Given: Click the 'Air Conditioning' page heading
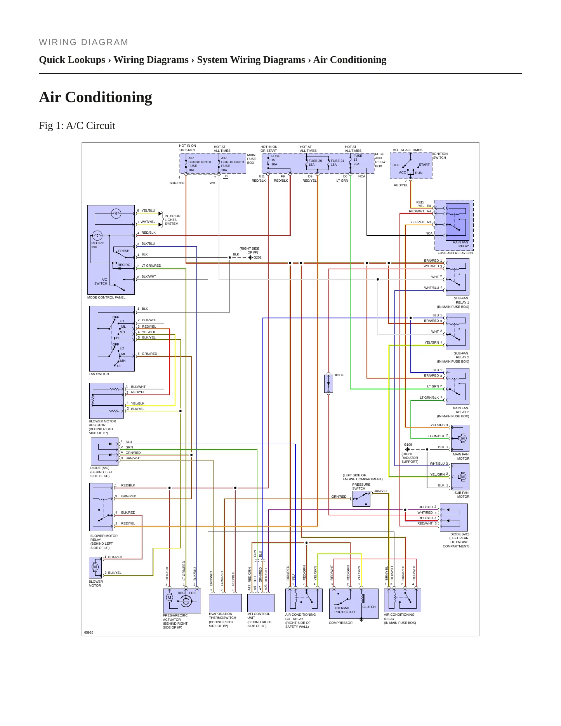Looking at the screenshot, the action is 96,97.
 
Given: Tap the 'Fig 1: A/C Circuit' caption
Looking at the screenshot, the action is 77,125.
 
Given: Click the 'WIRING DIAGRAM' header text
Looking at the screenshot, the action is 83,42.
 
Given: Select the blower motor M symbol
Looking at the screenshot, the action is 95,567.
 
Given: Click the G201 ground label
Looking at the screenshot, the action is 257,257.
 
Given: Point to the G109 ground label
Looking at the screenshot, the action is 408,445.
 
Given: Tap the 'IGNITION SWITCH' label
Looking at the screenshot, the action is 440,156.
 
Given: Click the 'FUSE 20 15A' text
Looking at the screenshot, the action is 315,163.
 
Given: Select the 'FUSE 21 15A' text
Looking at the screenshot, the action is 337,163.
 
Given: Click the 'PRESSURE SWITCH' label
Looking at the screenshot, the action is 361,486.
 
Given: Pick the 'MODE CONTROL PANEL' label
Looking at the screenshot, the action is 106,297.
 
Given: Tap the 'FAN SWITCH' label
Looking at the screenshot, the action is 99,374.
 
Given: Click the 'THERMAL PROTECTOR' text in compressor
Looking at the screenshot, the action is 344,610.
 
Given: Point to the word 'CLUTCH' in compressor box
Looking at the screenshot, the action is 369,607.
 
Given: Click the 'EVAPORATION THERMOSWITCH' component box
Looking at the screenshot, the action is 225,603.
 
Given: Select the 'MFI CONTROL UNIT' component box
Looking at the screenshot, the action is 261,603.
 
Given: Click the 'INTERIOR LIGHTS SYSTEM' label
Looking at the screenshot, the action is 172,220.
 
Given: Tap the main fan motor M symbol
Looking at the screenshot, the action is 463,438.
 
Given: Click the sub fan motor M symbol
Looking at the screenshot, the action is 463,477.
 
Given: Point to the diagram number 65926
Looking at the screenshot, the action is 89,632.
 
